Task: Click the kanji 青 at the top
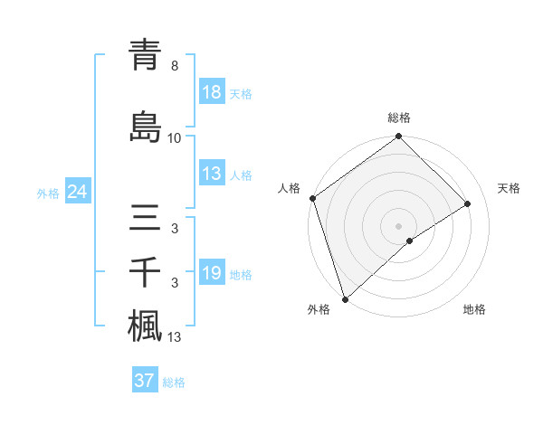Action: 145,56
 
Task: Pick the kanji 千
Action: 145,273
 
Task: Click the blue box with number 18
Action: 212,93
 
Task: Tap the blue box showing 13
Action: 212,175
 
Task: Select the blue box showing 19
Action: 212,274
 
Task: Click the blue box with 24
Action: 77,193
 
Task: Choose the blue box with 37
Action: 145,381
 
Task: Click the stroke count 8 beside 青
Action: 175,66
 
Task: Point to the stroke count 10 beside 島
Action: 175,137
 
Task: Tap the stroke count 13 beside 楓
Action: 175,337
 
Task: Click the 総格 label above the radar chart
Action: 399,118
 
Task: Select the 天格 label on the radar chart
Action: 509,188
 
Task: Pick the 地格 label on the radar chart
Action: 474,310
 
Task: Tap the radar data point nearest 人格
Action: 312,198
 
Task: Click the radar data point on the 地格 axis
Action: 410,241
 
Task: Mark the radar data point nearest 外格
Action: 344,298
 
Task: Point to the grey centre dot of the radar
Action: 398,225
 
